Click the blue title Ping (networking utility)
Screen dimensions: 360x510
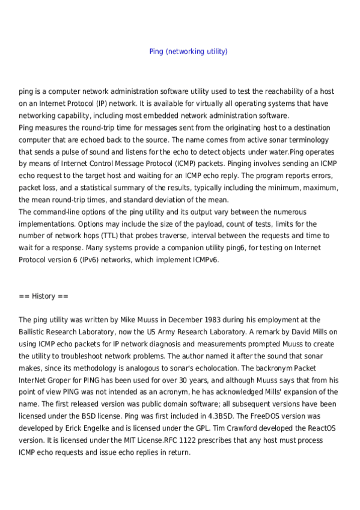click(188, 52)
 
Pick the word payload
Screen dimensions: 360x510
click(199, 224)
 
